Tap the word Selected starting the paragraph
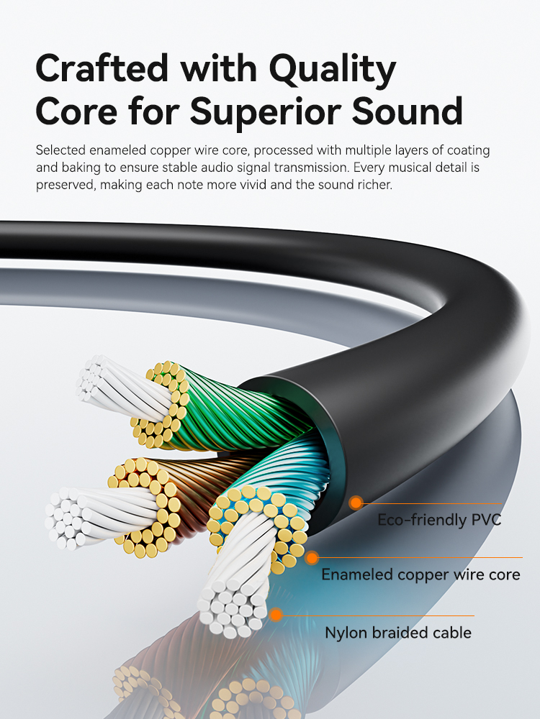tap(60, 151)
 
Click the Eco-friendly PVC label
tap(439, 520)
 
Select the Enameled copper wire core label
tap(420, 574)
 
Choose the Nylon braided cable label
tap(398, 633)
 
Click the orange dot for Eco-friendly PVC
tap(355, 503)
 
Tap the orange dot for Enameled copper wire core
tap(312, 557)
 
